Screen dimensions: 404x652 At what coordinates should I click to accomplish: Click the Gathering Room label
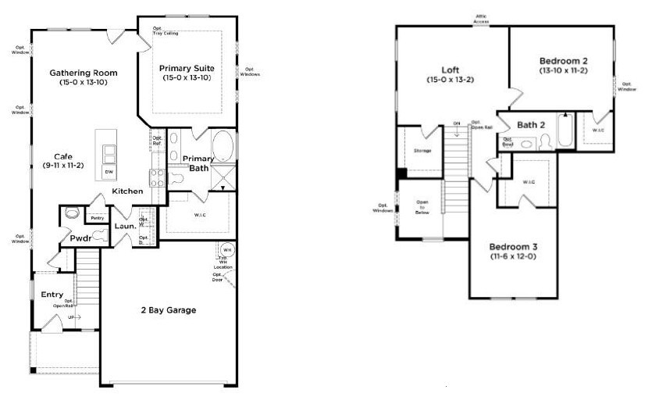point(84,73)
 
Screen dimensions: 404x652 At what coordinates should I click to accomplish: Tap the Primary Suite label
point(187,68)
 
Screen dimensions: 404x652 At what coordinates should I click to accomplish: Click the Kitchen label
point(127,191)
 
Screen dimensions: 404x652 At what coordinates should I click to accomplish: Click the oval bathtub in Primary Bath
point(223,146)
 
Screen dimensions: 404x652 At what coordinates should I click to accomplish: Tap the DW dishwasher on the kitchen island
point(108,171)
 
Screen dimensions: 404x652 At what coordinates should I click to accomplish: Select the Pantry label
point(98,218)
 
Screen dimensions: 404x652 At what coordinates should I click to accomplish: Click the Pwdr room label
point(80,238)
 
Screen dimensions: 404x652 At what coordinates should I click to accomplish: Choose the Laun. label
point(125,227)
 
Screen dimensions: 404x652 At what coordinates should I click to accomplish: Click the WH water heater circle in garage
point(229,249)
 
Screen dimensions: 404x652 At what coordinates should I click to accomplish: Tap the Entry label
point(52,295)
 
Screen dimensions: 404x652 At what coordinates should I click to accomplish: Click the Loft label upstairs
point(451,68)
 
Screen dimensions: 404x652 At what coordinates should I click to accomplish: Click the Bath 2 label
point(531,124)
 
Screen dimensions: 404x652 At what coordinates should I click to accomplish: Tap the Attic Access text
point(481,18)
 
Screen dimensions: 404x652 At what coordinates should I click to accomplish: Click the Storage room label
point(422,151)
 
